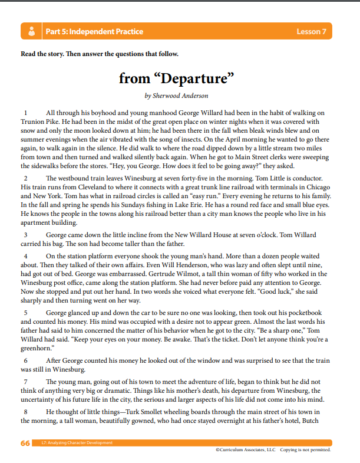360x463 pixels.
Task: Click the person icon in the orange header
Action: point(31,31)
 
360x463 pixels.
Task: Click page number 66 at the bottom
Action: point(25,443)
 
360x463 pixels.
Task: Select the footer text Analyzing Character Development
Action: point(80,442)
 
